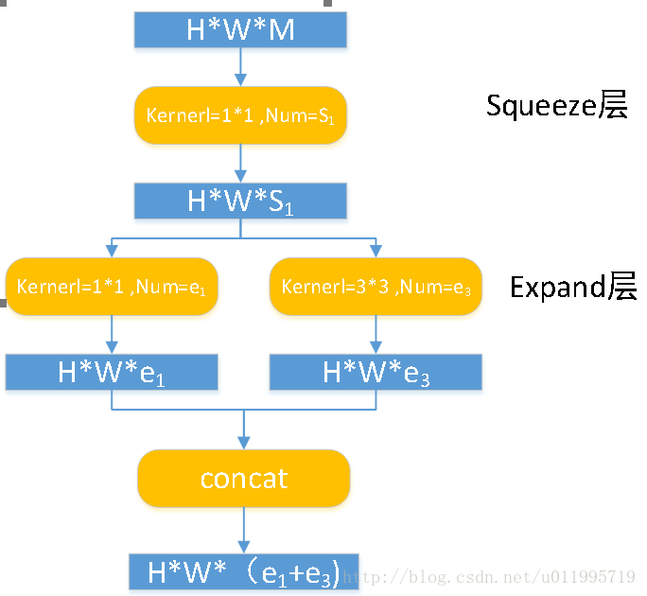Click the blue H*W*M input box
coord(240,30)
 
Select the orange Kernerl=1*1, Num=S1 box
coord(240,115)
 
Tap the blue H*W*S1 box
coord(240,201)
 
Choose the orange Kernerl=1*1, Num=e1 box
coord(112,286)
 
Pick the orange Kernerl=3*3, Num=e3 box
coord(376,286)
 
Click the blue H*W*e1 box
coord(112,372)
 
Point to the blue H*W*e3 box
coord(376,372)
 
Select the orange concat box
coord(244,478)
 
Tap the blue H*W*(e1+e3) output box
coord(244,572)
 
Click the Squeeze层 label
coord(556,106)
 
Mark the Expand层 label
coord(573,287)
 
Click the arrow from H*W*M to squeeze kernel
coord(240,67)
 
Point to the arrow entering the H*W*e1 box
coord(112,335)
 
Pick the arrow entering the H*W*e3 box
coord(376,335)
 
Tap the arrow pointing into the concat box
coord(244,431)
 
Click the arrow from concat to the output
coord(244,530)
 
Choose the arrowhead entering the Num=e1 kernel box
coord(112,250)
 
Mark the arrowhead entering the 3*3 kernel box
coord(376,250)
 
